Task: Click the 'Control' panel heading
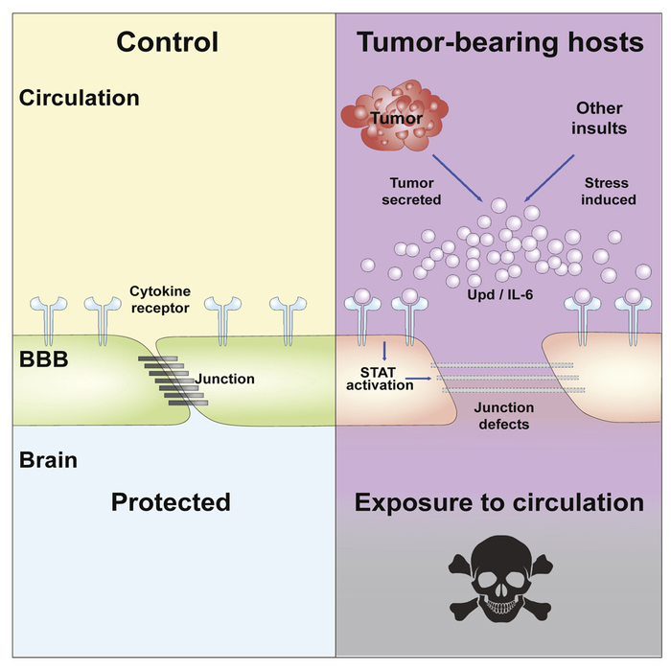(x=168, y=42)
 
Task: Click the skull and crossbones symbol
(x=501, y=585)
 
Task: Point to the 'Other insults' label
(x=601, y=117)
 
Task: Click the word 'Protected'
(x=170, y=502)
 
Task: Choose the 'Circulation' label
(x=79, y=98)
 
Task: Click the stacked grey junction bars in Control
(x=164, y=380)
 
